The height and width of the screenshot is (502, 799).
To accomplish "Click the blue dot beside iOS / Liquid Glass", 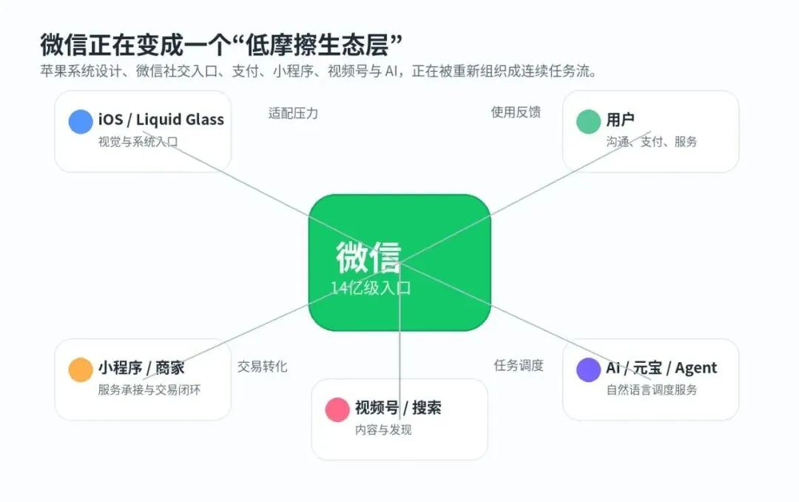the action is click(81, 121).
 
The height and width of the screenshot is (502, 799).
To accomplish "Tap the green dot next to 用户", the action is click(589, 121).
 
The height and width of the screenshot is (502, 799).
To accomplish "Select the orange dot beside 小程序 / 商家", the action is click(81, 370).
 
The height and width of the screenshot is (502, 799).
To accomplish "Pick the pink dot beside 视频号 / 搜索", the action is click(337, 409).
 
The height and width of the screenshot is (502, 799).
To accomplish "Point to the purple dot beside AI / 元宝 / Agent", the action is click(589, 370).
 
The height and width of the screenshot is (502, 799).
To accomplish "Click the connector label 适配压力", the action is click(293, 113).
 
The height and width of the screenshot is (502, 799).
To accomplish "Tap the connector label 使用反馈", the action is click(516, 113).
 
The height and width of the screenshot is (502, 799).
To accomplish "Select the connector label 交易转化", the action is click(263, 367).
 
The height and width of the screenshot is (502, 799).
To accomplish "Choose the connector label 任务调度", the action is click(519, 365).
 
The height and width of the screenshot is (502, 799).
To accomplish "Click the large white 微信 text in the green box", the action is click(368, 257).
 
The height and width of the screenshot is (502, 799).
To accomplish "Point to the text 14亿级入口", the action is click(371, 288).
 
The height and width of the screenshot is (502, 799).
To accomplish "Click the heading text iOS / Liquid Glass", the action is click(161, 119).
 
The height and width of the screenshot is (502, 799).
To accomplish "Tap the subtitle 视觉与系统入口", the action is click(138, 142).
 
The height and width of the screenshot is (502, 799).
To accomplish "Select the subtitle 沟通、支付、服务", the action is click(652, 141).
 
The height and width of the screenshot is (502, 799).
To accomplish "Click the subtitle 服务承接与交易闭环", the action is click(149, 389).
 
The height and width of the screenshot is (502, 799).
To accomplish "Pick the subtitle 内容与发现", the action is click(383, 429).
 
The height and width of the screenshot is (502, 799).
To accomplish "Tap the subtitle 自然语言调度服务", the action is click(652, 389).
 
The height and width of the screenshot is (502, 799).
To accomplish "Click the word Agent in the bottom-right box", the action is click(696, 368).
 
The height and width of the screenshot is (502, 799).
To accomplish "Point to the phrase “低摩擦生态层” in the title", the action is click(317, 45).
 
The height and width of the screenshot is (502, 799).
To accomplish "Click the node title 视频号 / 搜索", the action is click(398, 408).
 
